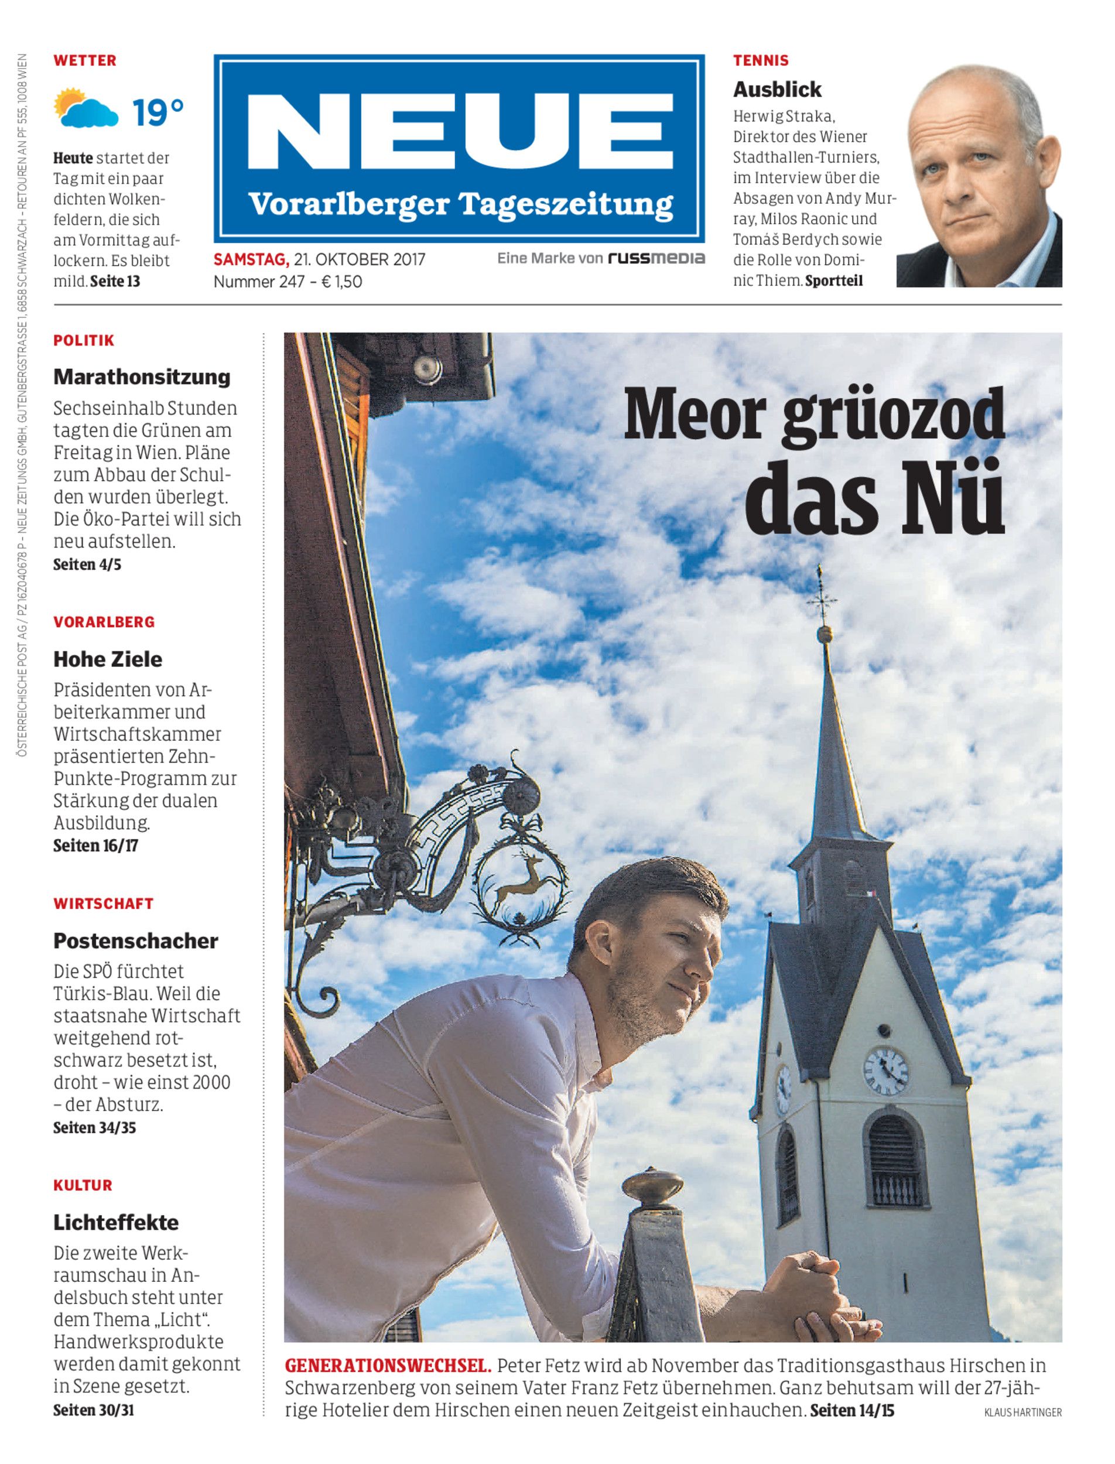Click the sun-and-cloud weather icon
[x=85, y=108]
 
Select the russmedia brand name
[x=656, y=258]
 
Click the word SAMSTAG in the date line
[x=250, y=259]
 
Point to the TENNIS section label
[x=761, y=60]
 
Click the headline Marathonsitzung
[x=141, y=377]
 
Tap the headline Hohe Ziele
[x=108, y=659]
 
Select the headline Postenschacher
[x=135, y=940]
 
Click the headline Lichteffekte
[x=116, y=1222]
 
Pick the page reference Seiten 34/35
[x=94, y=1127]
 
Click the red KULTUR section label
[x=83, y=1185]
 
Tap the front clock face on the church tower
[x=885, y=1070]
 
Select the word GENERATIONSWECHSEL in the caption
[x=388, y=1366]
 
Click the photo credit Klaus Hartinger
[x=1022, y=1413]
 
